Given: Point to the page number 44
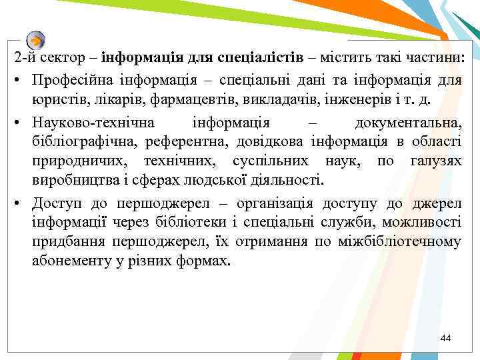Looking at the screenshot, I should click(x=446, y=339).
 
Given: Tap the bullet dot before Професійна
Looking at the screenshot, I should click(x=15, y=81).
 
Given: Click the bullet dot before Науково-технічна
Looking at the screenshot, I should click(x=15, y=123).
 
